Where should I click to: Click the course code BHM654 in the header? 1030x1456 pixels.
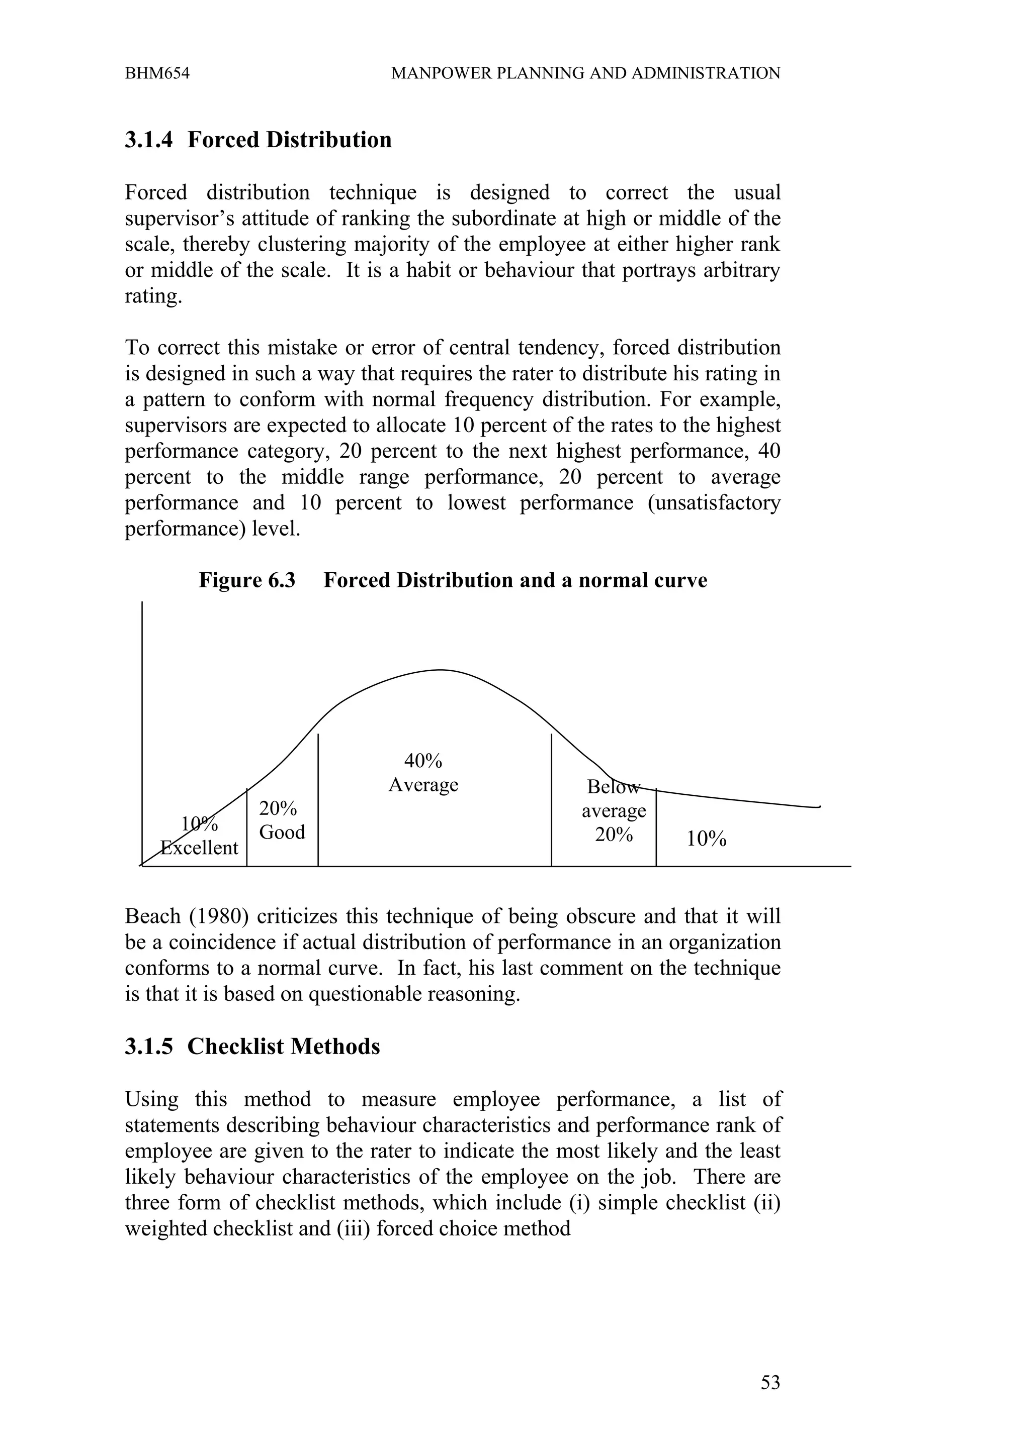coord(157,73)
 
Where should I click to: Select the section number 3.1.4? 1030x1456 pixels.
coord(148,140)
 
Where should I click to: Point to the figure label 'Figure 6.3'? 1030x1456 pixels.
coord(247,580)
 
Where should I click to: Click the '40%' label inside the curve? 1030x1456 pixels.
coord(423,760)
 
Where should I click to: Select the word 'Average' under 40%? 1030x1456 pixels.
coord(423,785)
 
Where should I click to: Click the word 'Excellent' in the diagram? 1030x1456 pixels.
coord(199,848)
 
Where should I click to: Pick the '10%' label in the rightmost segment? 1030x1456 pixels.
coord(706,839)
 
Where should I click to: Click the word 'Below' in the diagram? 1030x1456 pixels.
coord(613,787)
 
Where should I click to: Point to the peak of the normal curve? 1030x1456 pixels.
coord(439,670)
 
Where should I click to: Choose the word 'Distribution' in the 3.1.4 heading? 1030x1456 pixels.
coord(329,140)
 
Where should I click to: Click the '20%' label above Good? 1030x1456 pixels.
coord(278,808)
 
